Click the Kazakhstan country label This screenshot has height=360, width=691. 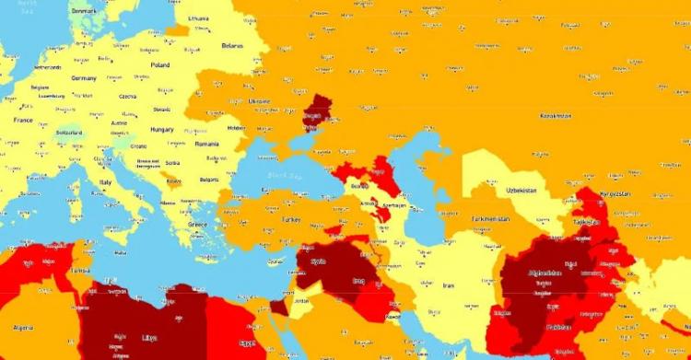tap(556, 116)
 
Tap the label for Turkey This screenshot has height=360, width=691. tap(291, 219)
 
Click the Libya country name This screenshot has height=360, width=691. tap(148, 338)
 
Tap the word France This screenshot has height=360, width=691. tap(22, 120)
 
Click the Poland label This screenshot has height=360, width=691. tap(160, 65)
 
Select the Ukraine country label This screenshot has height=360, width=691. tap(260, 101)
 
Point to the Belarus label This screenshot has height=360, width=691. tap(232, 45)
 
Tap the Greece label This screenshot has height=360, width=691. tap(197, 224)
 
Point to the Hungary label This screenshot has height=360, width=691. tap(162, 130)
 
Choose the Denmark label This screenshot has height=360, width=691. tap(84, 10)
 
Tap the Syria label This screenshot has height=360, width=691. tap(318, 261)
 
